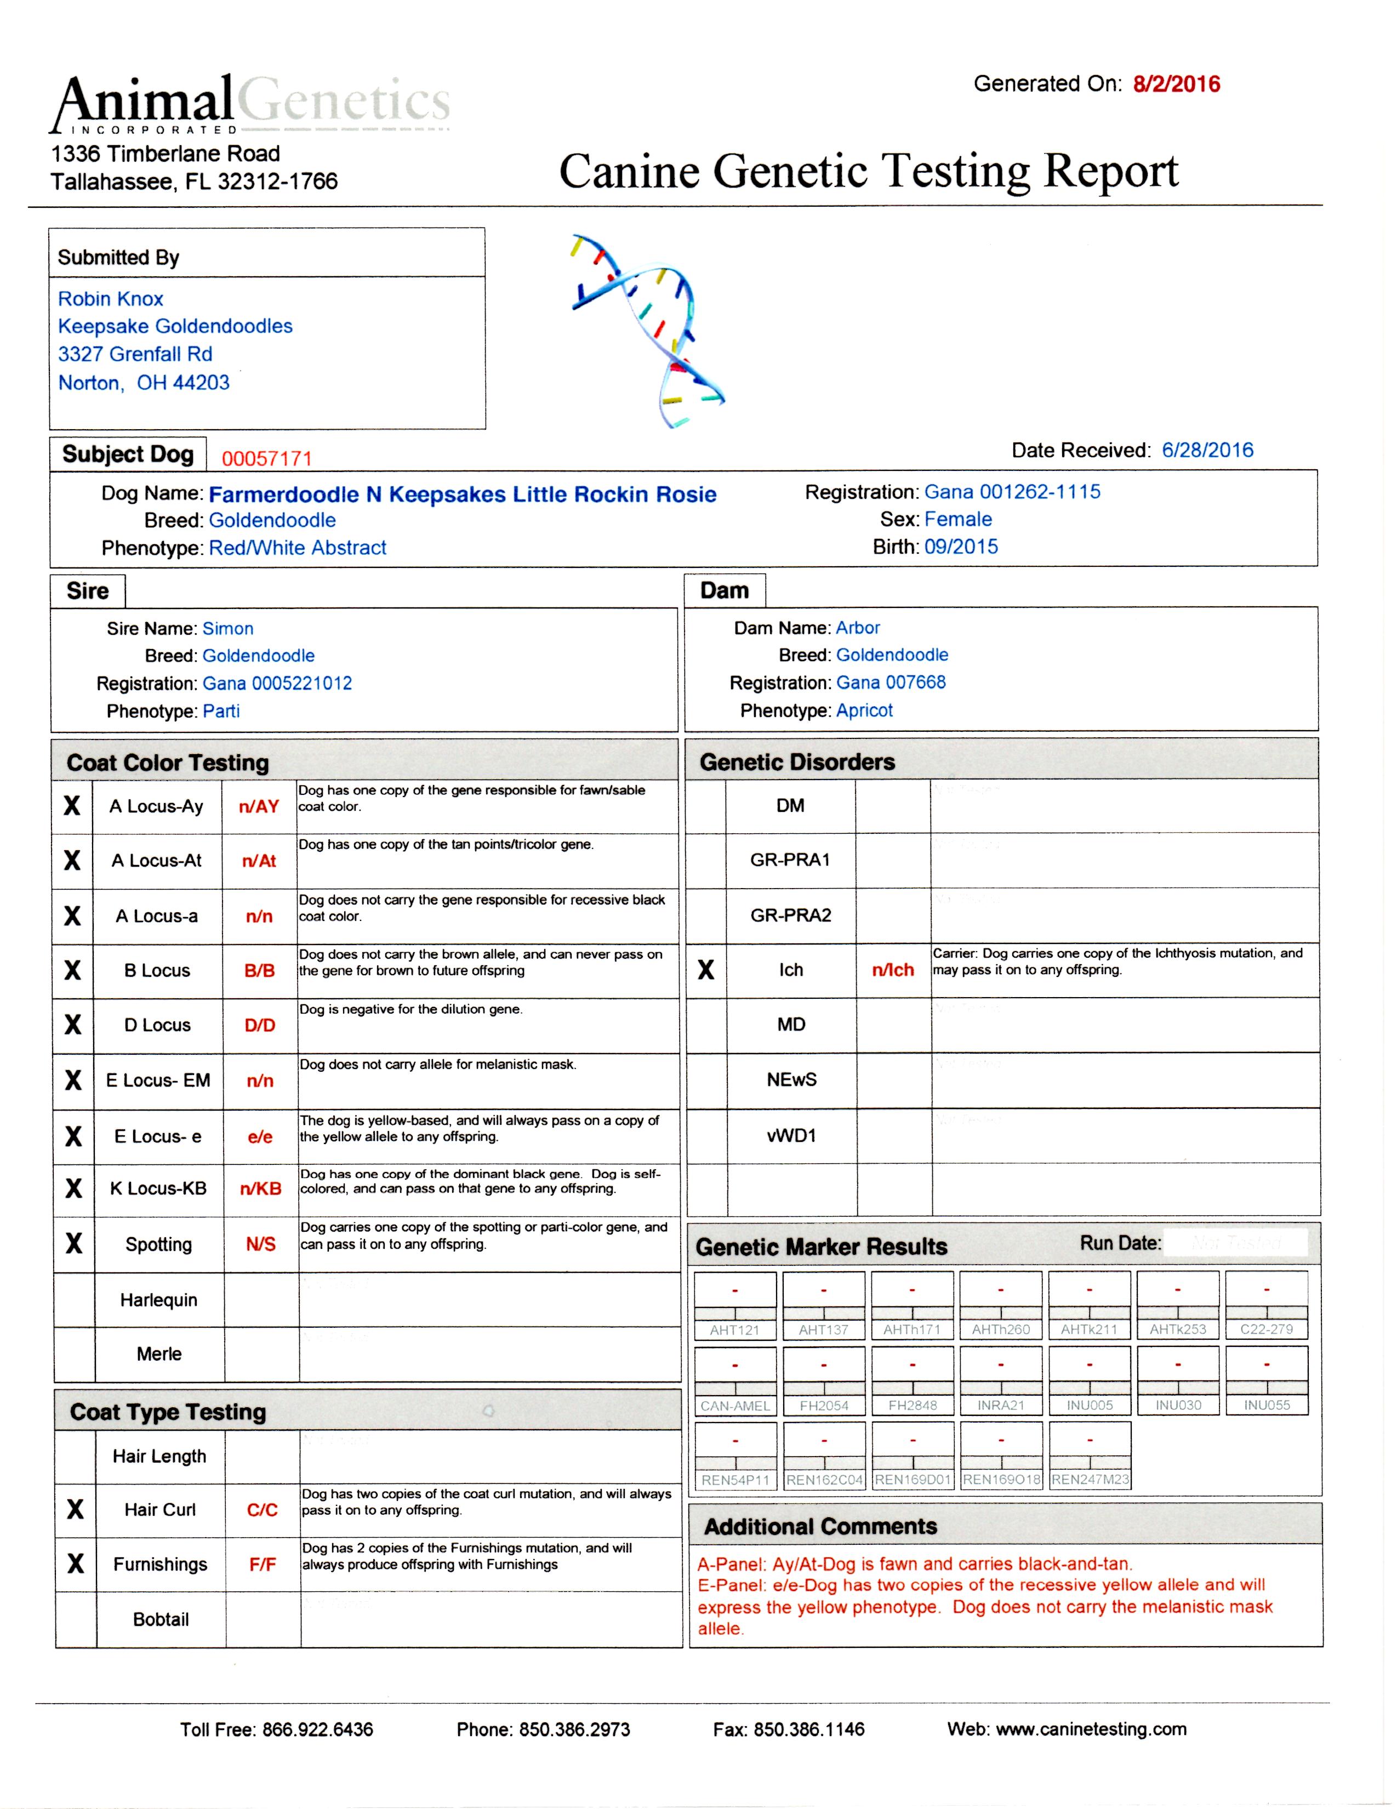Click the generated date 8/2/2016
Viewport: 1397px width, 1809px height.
pos(1176,84)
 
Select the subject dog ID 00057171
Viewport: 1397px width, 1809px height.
pos(267,458)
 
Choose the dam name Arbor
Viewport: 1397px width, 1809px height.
pos(858,628)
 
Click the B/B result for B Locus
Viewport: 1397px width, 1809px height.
pos(259,971)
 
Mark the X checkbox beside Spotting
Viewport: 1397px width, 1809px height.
pos(73,1243)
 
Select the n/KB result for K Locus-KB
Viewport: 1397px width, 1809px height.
pos(260,1188)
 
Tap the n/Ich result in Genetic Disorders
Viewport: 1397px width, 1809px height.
pos(893,970)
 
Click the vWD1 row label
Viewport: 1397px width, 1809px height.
pos(791,1136)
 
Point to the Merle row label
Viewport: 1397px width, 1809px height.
pos(159,1353)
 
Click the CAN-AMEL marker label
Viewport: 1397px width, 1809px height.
pos(734,1406)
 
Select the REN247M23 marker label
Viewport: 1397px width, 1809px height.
pos(1090,1480)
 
